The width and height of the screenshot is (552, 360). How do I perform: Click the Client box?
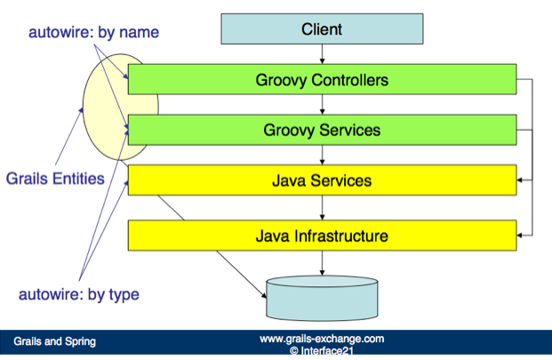pos(321,29)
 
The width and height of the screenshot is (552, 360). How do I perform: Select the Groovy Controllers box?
pos(322,80)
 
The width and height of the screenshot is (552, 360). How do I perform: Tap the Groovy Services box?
pos(322,131)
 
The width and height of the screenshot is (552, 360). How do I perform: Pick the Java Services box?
pos(322,180)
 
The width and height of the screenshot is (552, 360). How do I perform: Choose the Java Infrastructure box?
pos(322,236)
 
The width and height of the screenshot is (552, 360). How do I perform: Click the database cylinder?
pos(322,298)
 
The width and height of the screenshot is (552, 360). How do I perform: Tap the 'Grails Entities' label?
pos(55,178)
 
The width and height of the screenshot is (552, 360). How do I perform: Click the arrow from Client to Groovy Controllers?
pos(322,54)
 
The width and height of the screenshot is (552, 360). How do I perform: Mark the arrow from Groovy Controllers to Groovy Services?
pos(322,105)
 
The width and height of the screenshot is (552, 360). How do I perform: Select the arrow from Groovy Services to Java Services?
pos(322,156)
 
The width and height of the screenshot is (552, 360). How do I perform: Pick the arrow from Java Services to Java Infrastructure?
pos(322,208)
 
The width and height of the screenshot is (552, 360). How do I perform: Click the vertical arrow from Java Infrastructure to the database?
pos(322,263)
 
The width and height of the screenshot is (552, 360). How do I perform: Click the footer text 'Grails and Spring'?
pos(54,341)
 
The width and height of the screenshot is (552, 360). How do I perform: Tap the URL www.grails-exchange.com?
pos(321,339)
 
